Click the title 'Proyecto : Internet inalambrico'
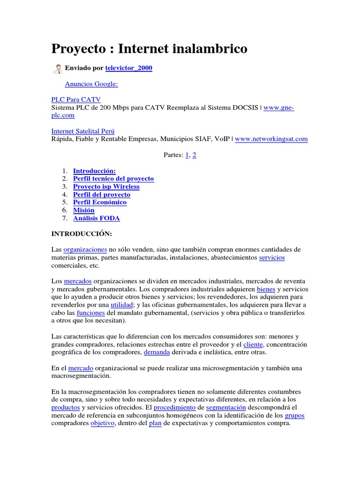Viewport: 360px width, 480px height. tap(149, 48)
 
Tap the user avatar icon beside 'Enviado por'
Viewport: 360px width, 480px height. tap(58, 69)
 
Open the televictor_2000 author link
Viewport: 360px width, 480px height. tap(128, 68)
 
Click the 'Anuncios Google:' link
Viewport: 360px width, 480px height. tap(91, 84)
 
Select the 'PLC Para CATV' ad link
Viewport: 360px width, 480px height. tap(75, 100)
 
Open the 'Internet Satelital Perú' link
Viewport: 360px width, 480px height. tap(82, 131)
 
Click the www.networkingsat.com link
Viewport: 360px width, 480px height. tap(271, 139)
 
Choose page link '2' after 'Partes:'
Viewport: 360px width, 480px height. tap(194, 155)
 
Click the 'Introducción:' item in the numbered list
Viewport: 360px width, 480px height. tap(94, 171)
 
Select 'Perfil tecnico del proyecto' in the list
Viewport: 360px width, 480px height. tap(113, 179)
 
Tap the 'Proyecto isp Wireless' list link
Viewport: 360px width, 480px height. tap(106, 187)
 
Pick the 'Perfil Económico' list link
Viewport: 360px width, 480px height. tap(100, 202)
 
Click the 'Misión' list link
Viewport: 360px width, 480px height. tap(83, 210)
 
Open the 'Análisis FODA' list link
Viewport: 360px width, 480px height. tap(97, 218)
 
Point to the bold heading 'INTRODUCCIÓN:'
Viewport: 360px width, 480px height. tap(82, 233)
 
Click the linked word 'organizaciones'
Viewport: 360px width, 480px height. tap(85, 249)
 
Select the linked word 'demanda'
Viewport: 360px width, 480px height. tap(157, 352)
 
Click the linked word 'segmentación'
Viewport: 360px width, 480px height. tap(226, 407)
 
